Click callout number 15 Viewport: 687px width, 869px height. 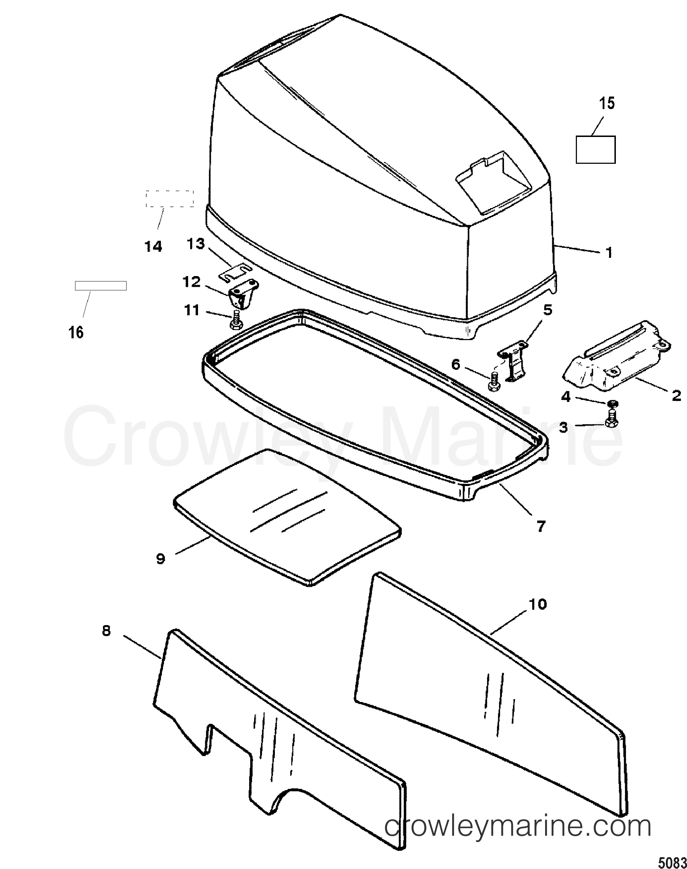[607, 103]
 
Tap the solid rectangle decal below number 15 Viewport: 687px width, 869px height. [596, 149]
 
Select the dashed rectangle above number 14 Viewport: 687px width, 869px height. [169, 199]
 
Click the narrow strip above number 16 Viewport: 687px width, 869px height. [100, 286]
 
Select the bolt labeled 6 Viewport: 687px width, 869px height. [494, 381]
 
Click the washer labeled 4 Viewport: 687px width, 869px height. [613, 403]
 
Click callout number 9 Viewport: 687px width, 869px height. [160, 559]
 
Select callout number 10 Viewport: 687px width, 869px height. [538, 615]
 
